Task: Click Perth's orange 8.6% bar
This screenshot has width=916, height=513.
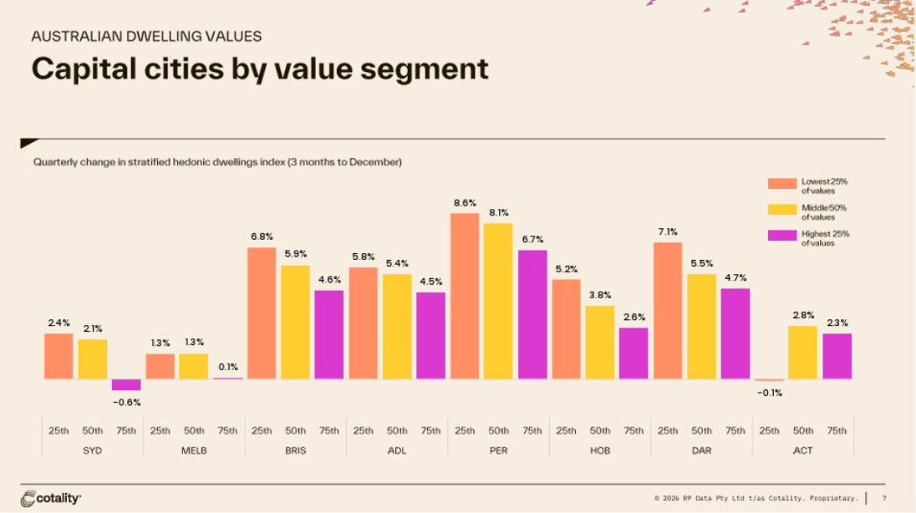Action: pyautogui.click(x=464, y=296)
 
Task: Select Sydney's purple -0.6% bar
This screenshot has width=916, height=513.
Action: pyautogui.click(x=126, y=384)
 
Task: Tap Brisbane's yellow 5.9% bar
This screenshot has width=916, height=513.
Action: pyautogui.click(x=295, y=322)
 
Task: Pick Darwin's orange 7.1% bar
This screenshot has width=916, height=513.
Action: pyautogui.click(x=667, y=311)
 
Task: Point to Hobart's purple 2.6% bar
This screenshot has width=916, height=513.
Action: pyautogui.click(x=634, y=353)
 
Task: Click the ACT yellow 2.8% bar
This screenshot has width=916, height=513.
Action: pyautogui.click(x=802, y=352)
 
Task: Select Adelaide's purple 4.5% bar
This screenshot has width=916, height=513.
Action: pyautogui.click(x=430, y=335)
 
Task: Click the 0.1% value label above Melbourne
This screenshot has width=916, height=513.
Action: pyautogui.click(x=228, y=366)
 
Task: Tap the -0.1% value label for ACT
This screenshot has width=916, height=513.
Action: pyautogui.click(x=769, y=393)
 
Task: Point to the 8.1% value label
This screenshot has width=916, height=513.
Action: pyautogui.click(x=499, y=212)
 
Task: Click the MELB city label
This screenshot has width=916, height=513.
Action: pyautogui.click(x=194, y=450)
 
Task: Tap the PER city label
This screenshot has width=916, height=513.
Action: pyautogui.click(x=498, y=450)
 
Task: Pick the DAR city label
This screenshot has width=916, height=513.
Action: pyautogui.click(x=701, y=450)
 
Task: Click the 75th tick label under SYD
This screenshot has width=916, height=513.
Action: pyautogui.click(x=126, y=430)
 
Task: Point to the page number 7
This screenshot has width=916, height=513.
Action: pyautogui.click(x=884, y=499)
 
